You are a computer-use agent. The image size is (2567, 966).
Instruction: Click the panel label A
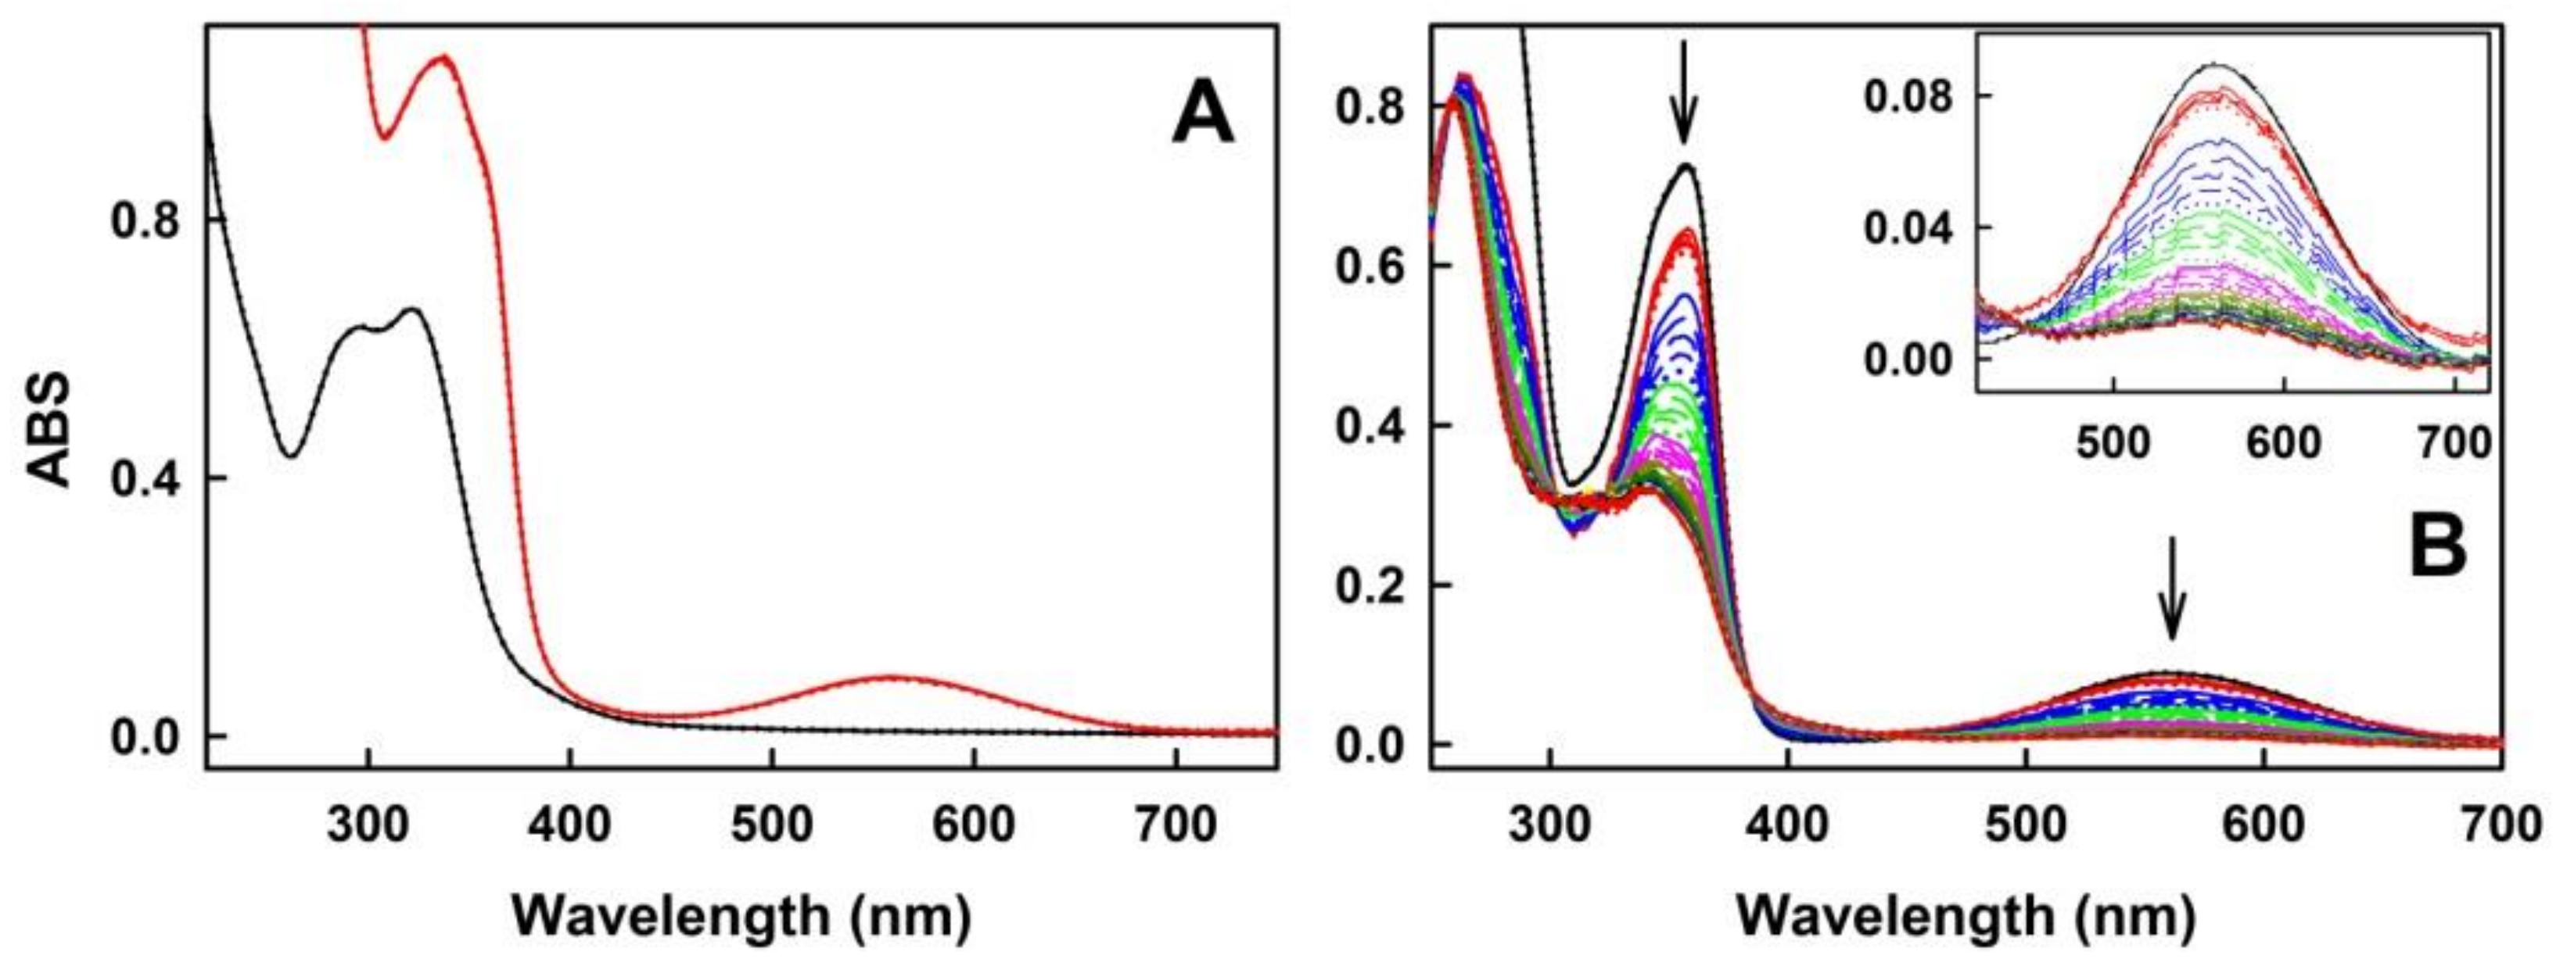tap(1202, 113)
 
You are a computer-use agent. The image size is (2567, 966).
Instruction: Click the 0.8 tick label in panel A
tap(145, 221)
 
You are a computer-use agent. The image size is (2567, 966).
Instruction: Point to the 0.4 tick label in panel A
tap(145, 479)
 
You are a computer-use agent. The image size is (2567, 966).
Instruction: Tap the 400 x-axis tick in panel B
tap(1788, 825)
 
